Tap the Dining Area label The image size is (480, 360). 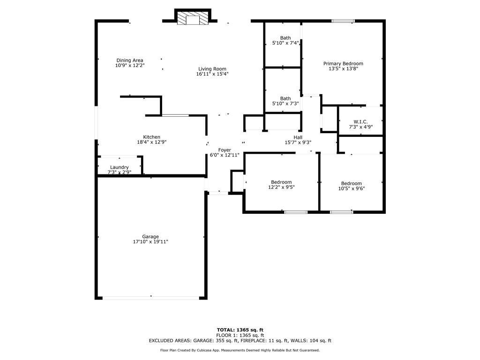tap(130, 60)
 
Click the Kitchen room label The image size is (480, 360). tap(151, 137)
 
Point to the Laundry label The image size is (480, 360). tap(119, 167)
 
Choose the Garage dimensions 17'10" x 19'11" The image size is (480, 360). tap(150, 242)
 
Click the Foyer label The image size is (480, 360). tap(225, 150)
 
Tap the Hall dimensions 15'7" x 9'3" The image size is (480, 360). tap(298, 142)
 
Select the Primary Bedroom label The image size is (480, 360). tap(343, 63)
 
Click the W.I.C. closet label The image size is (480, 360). tap(360, 121)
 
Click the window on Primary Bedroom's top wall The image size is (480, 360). tap(344, 21)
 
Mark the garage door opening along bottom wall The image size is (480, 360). tap(151, 298)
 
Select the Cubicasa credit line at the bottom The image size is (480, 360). tap(240, 350)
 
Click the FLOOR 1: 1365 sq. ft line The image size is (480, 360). tap(240, 335)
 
